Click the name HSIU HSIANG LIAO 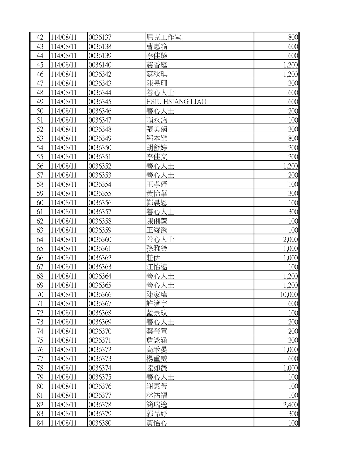pos(176,102)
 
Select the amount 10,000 pos(289,295)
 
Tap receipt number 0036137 pos(100,37)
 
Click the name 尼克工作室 pos(164,37)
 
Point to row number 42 pos(40,37)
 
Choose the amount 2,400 pos(290,405)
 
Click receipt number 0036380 pos(100,423)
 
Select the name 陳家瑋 pos(157,295)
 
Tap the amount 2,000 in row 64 pos(290,239)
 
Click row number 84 pos(40,423)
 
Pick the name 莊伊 pos(153,258)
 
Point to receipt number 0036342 pos(100,74)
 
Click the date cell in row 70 pos(64,295)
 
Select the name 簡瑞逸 pos(157,405)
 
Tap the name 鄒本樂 pos(157,138)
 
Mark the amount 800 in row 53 pos(293,138)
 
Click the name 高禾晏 pos(157,350)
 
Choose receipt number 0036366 pos(100,295)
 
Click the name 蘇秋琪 pos(157,74)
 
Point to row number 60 pos(40,203)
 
